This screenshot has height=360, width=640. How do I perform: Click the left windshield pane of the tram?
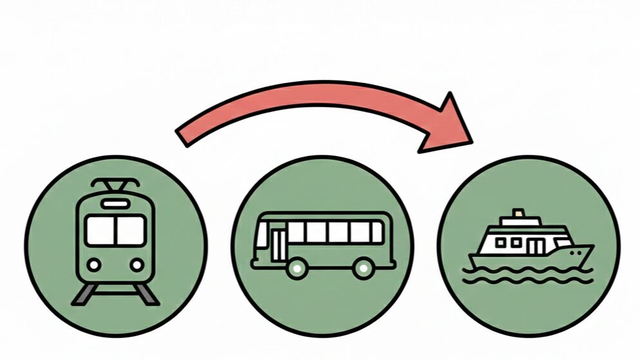tap(101, 230)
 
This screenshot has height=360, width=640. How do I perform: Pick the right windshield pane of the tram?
tap(131, 230)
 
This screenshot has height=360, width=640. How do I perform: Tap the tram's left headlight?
tap(95, 265)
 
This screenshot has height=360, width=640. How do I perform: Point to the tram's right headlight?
tap(136, 265)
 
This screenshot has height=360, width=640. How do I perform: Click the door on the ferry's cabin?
tap(535, 245)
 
